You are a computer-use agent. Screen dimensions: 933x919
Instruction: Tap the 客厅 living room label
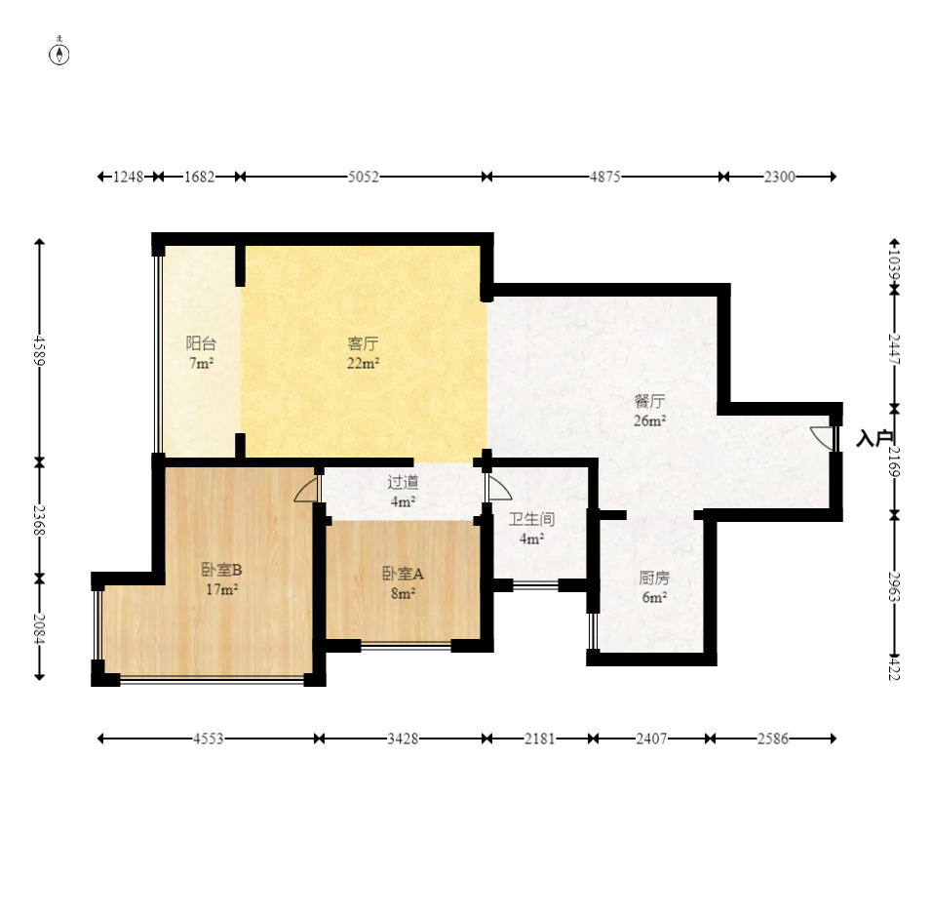(x=363, y=343)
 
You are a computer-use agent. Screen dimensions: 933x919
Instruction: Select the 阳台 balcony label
(x=201, y=343)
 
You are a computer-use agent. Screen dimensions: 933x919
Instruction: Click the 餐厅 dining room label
(x=649, y=401)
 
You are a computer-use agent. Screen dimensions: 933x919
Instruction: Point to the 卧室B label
(x=221, y=570)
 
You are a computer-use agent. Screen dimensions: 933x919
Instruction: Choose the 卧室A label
(x=403, y=574)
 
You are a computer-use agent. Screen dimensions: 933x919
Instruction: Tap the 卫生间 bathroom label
(x=531, y=519)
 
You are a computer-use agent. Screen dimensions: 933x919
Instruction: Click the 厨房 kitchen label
(x=654, y=578)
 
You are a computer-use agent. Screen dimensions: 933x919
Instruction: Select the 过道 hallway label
(x=403, y=482)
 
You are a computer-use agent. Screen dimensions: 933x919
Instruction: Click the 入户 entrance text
(x=875, y=438)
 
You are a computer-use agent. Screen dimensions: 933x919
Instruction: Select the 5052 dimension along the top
(x=364, y=177)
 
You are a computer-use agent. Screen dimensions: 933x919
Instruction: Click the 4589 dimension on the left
(x=39, y=350)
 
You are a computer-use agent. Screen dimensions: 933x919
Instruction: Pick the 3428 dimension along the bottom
(x=403, y=739)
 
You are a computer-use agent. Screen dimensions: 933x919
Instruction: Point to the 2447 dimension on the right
(x=894, y=349)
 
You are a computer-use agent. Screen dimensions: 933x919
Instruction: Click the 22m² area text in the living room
(x=363, y=363)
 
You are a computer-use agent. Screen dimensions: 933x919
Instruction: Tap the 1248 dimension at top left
(x=129, y=177)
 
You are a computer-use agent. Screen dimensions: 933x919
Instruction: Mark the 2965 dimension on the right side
(x=894, y=586)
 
